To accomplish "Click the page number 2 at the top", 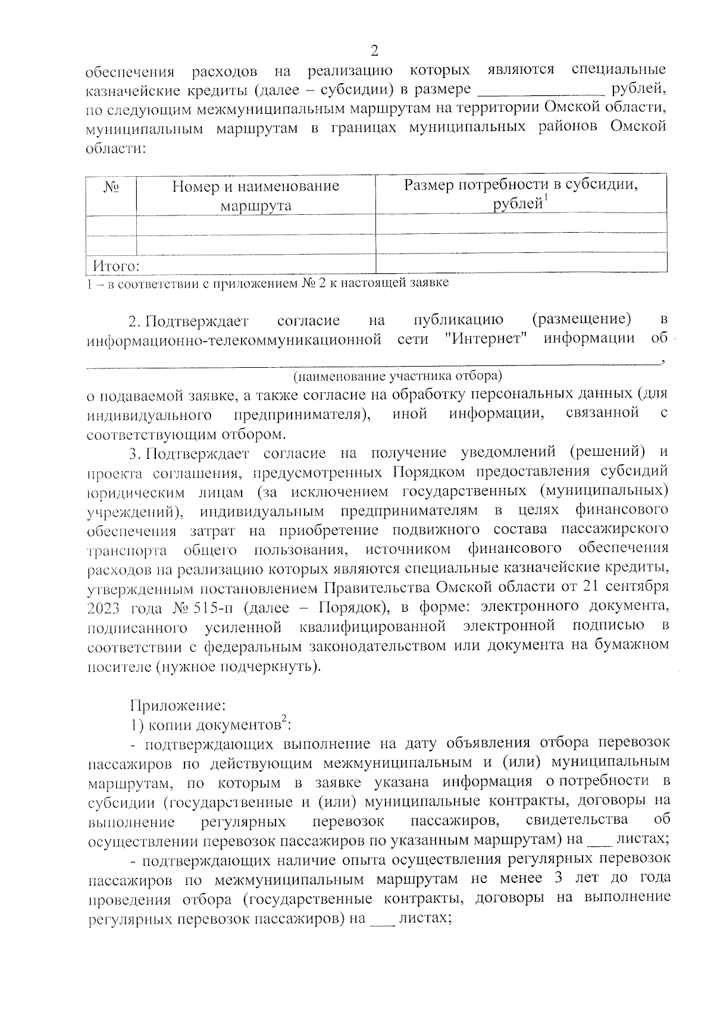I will [x=374, y=49].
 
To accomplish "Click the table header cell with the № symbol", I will [x=111, y=187].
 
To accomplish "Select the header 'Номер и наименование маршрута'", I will [x=256, y=196].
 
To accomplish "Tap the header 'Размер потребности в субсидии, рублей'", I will [x=521, y=194].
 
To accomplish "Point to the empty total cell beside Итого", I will [x=521, y=262].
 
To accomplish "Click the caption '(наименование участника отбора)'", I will [x=397, y=376].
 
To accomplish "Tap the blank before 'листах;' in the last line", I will [x=382, y=919].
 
